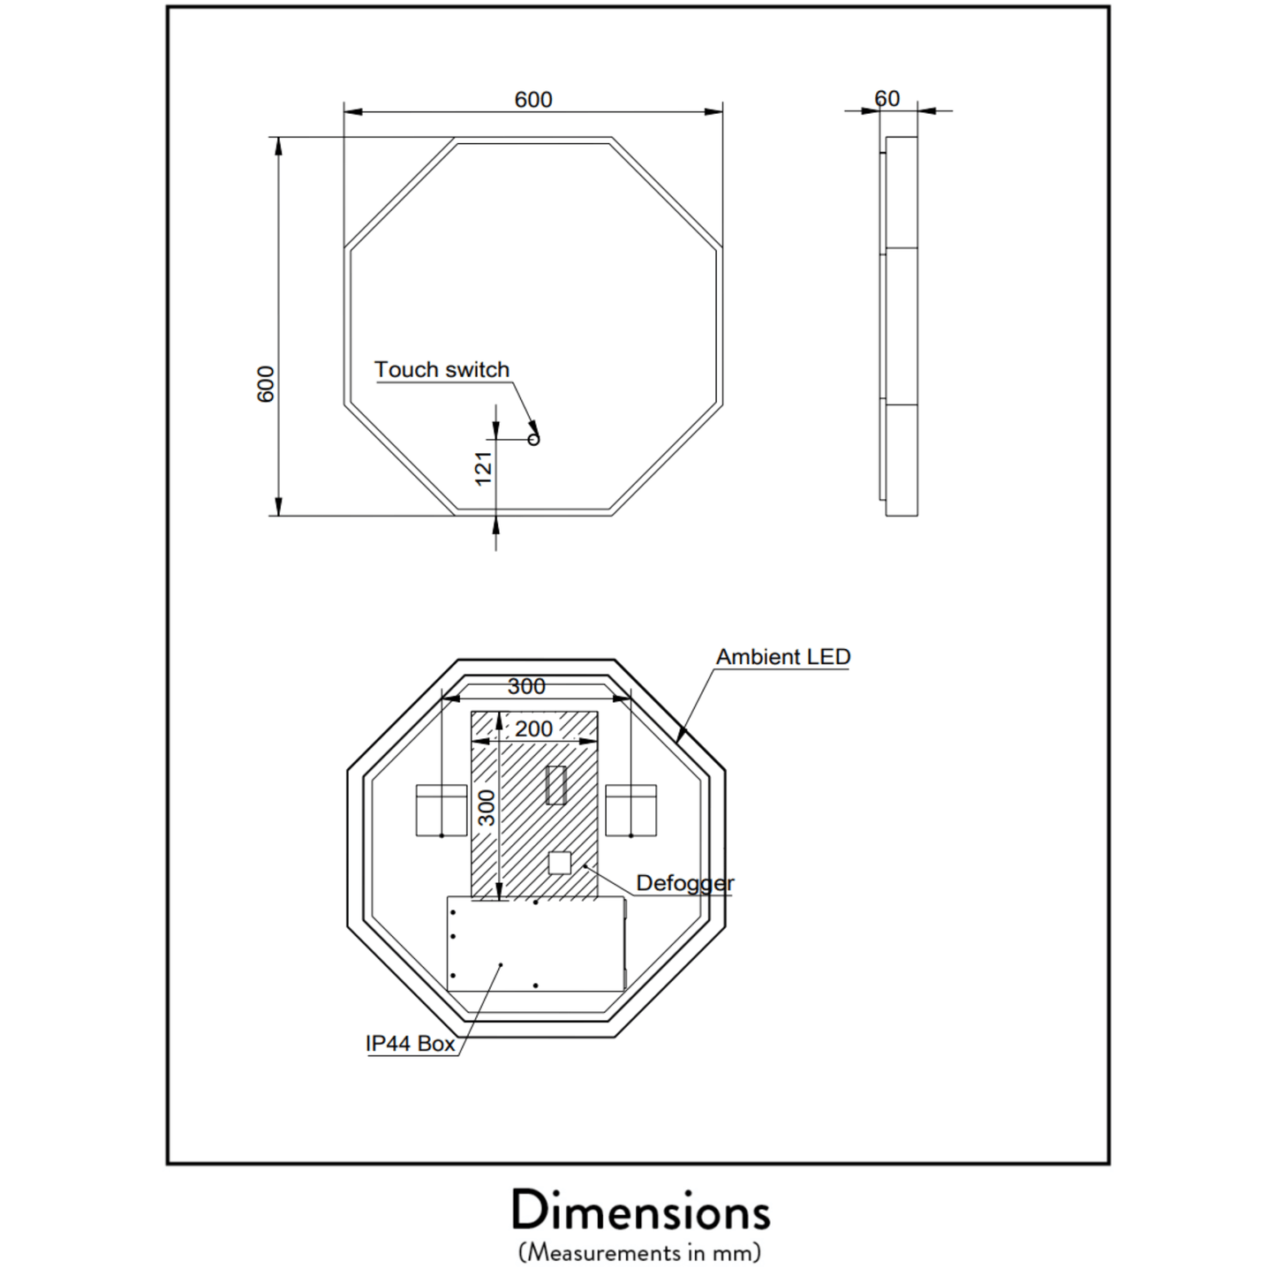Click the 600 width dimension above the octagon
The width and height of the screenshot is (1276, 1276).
[x=533, y=99]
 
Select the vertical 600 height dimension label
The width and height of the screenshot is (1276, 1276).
[x=266, y=383]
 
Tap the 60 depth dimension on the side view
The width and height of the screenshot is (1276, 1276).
[x=887, y=99]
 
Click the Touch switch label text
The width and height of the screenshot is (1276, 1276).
[x=442, y=369]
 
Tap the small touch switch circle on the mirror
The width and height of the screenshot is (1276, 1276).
[x=533, y=439]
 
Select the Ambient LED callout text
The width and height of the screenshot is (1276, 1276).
[x=783, y=657]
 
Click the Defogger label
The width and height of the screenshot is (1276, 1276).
[x=684, y=883]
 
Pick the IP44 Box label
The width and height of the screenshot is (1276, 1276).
[x=411, y=1044]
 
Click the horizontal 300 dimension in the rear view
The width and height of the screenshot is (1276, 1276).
[x=526, y=687]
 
